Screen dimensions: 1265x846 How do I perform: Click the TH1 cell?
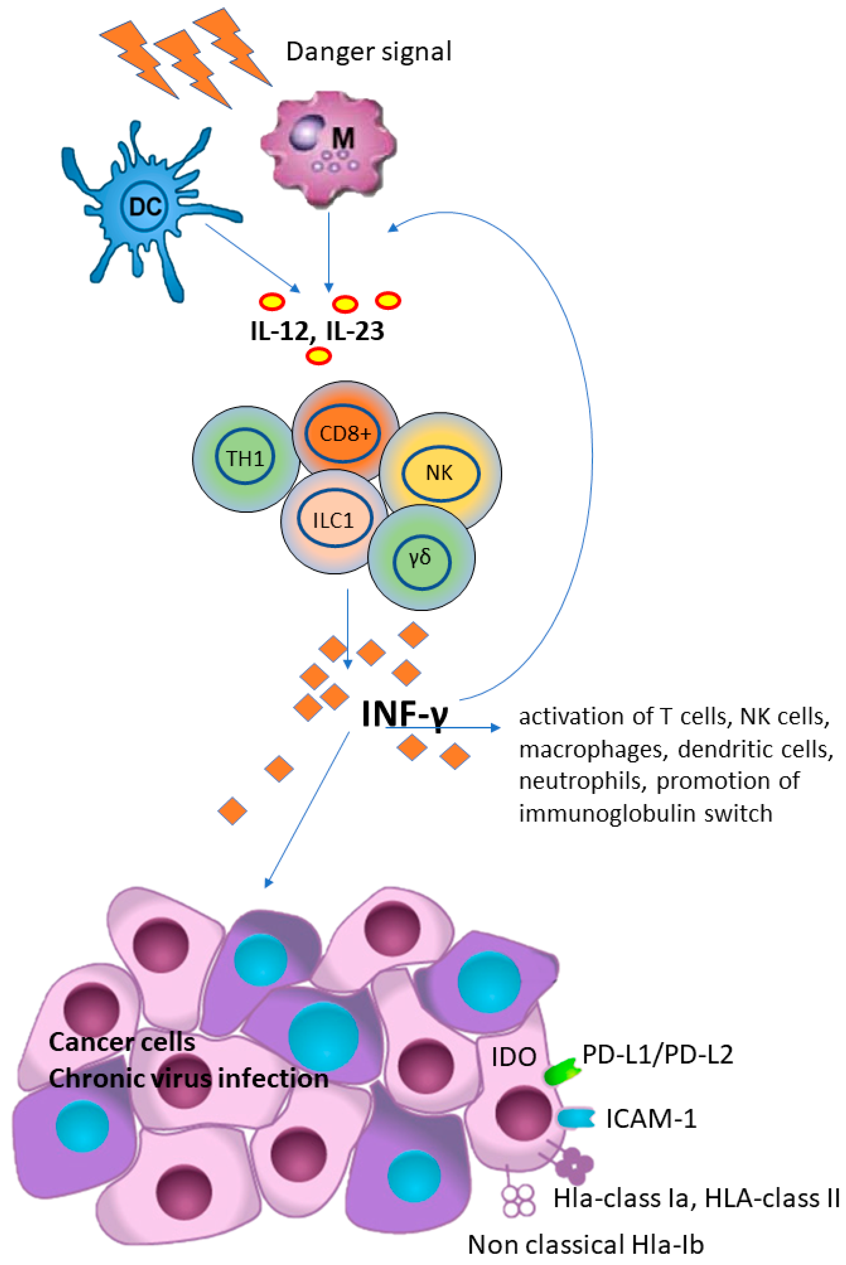[x=246, y=458]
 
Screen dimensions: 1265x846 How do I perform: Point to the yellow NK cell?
[x=440, y=473]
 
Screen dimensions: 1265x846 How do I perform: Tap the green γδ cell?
[x=421, y=558]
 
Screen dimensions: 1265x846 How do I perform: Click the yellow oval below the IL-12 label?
[x=318, y=356]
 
